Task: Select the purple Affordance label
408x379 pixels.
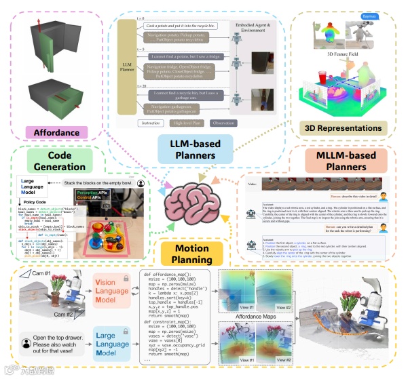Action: pos(61,132)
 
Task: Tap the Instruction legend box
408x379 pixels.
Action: pos(151,123)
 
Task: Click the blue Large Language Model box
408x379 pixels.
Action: pos(113,343)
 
